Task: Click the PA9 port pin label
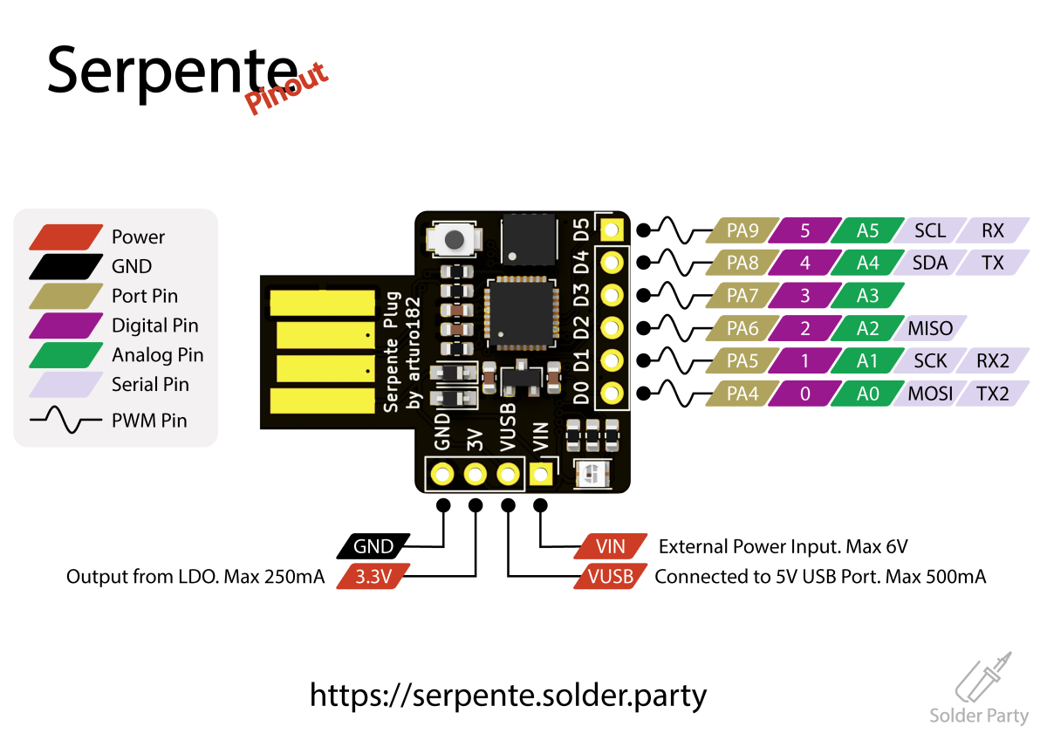tap(742, 230)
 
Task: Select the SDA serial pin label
tap(930, 263)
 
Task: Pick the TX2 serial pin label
tap(992, 394)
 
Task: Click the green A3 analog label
tap(867, 296)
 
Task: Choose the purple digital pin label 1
tap(804, 361)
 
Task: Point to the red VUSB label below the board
tap(611, 577)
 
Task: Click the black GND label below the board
tap(373, 547)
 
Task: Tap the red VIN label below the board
tap(611, 547)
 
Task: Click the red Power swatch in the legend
tap(65, 236)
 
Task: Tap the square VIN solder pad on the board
tap(541, 475)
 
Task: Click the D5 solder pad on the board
tap(612, 230)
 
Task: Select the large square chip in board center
tap(521, 312)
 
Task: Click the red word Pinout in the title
tap(287, 89)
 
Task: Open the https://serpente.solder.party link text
tap(508, 695)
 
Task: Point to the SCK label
tap(930, 361)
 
